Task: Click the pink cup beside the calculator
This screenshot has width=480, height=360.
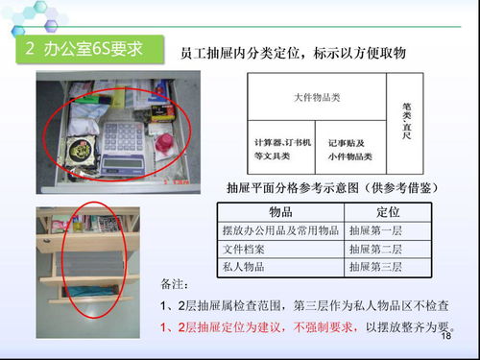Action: [x=164, y=145]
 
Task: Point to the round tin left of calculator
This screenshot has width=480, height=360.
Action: [x=82, y=150]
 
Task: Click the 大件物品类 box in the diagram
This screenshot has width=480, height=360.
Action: [x=317, y=97]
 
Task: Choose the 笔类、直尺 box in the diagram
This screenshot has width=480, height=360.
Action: [x=405, y=119]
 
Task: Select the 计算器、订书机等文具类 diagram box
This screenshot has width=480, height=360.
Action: [x=281, y=147]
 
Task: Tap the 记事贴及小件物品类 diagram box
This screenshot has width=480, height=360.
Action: [x=349, y=147]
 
